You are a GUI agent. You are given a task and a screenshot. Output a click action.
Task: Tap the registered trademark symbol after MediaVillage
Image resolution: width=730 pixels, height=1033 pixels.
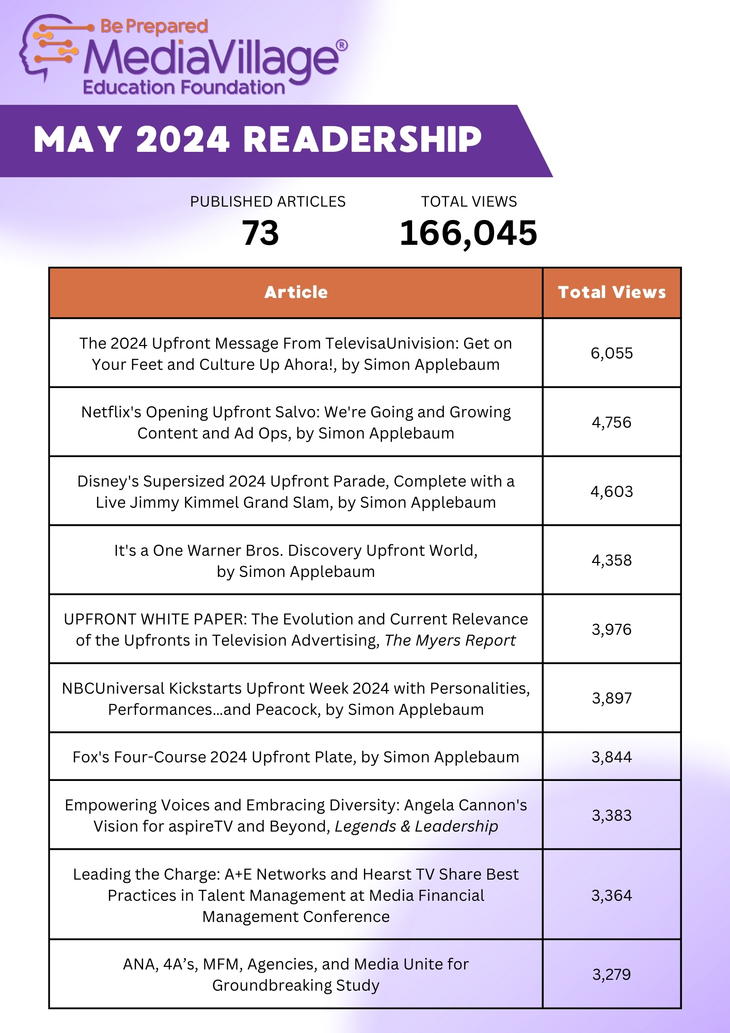(x=342, y=46)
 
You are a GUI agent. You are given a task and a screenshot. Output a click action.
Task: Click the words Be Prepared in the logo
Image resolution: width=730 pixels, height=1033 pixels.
(x=154, y=26)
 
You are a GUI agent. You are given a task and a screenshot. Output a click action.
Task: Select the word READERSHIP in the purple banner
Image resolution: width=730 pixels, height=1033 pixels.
(x=362, y=140)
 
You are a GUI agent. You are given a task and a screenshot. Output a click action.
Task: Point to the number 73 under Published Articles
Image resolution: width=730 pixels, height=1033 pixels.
(x=260, y=233)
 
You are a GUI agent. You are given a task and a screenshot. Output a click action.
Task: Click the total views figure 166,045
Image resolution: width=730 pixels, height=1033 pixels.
(x=468, y=233)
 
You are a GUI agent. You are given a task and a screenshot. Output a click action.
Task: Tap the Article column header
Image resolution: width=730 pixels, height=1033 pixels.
(x=296, y=292)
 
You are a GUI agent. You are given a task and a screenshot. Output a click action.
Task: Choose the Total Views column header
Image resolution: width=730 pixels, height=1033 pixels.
(x=612, y=292)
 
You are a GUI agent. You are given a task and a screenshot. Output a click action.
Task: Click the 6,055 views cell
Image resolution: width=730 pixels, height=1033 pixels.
(x=612, y=353)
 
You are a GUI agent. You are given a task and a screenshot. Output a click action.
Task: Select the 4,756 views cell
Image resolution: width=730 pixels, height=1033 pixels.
(x=612, y=422)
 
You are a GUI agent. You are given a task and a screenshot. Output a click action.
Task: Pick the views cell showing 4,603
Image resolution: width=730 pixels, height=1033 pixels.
(x=612, y=491)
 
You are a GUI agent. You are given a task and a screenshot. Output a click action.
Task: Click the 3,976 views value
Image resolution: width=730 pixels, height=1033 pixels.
(x=612, y=629)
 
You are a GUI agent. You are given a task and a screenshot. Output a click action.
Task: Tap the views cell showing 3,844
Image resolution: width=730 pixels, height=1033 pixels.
(x=612, y=757)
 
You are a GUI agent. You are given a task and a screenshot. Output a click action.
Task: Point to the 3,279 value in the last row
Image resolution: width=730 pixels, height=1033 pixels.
(x=612, y=975)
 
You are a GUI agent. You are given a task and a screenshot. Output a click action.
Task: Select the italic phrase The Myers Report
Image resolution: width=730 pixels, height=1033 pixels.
(x=450, y=640)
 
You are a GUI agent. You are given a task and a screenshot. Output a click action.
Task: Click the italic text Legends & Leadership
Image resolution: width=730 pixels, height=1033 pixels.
(x=416, y=826)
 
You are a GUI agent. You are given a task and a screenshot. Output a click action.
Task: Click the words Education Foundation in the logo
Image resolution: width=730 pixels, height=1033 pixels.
(x=184, y=87)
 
